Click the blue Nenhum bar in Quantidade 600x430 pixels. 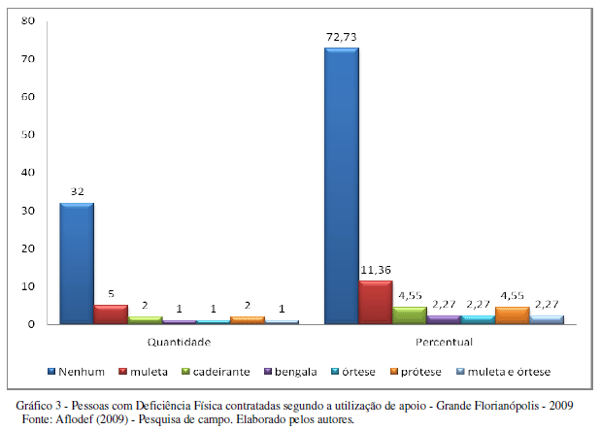coord(76,262)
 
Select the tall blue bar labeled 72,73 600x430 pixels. coord(341,184)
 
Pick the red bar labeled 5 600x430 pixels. coord(111,314)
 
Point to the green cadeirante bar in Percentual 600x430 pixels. coord(409,314)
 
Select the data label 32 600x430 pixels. coord(77,192)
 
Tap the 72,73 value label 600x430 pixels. coord(343,38)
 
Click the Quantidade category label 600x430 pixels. coord(180,342)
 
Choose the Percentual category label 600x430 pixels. coord(444,342)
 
